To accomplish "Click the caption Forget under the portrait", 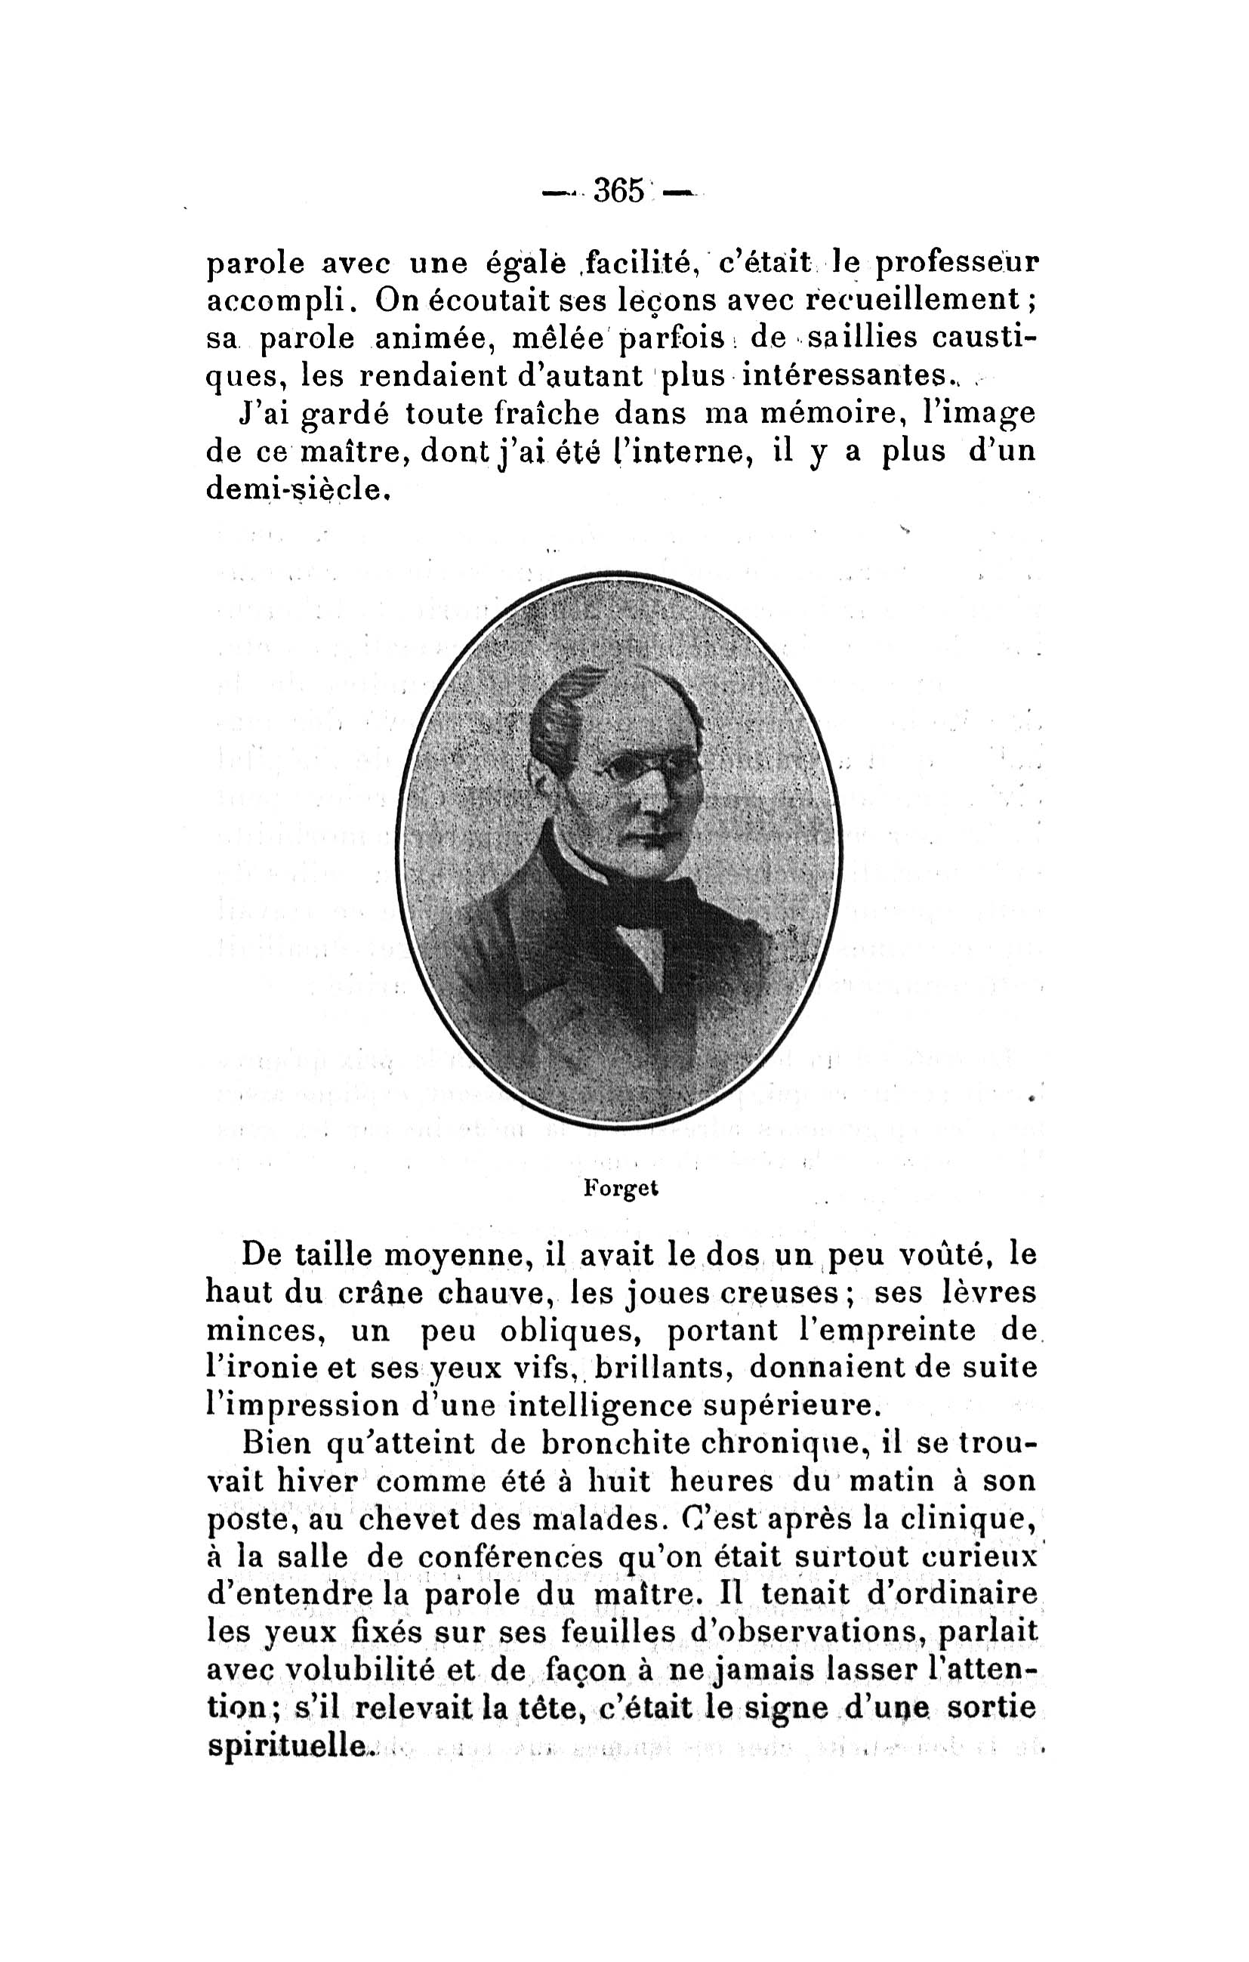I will pyautogui.click(x=621, y=1188).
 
